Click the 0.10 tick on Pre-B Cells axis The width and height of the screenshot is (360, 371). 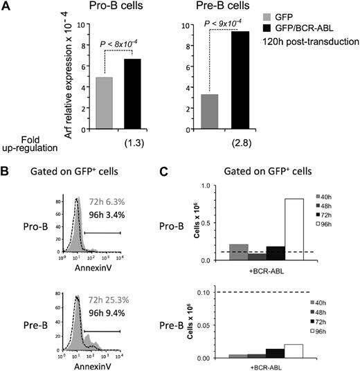point(213,293)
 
